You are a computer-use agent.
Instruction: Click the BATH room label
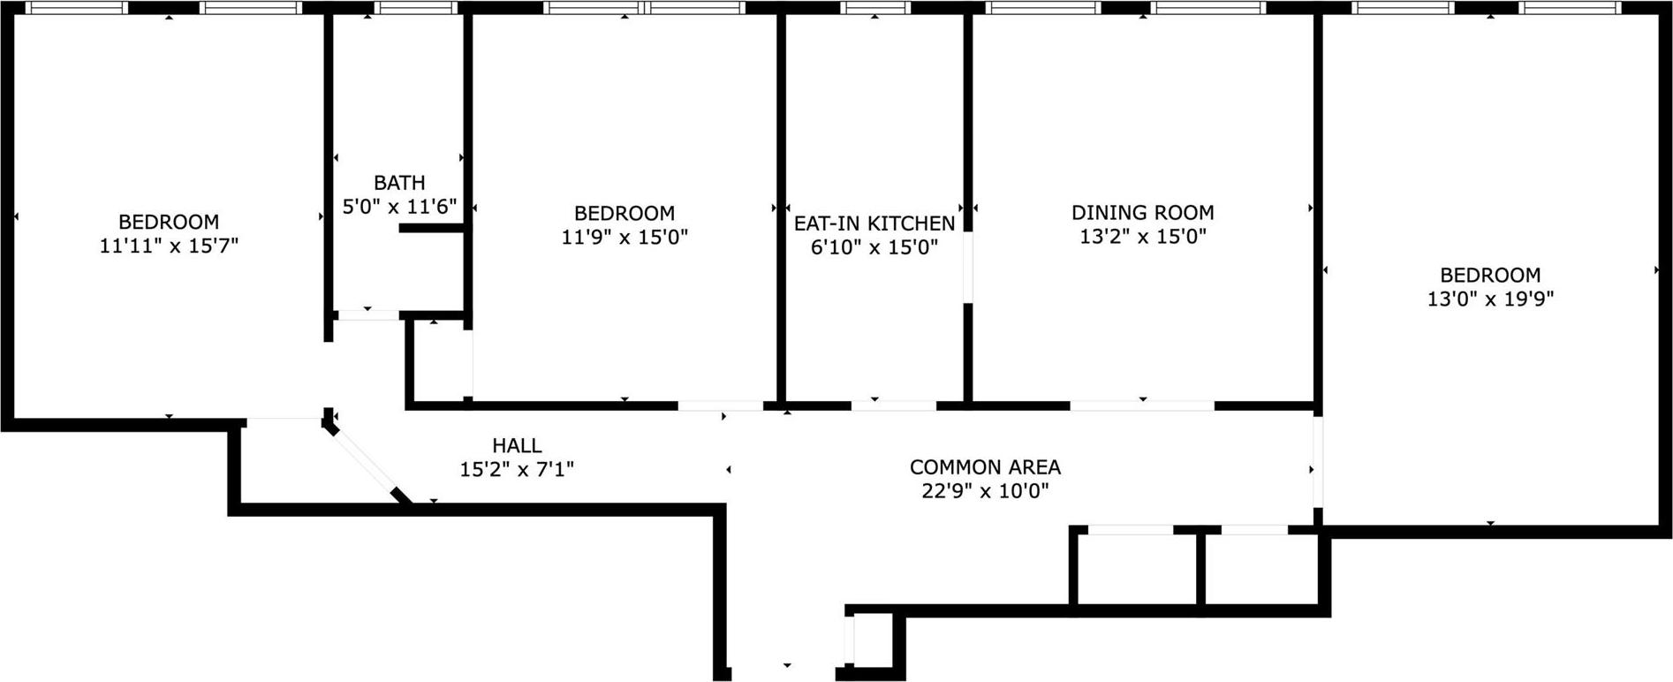click(x=399, y=183)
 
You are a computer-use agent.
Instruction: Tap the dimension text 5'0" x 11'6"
click(x=399, y=207)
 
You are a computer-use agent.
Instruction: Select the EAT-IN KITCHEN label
click(x=874, y=224)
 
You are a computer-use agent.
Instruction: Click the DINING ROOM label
click(x=1142, y=212)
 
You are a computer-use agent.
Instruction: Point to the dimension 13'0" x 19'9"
click(x=1490, y=299)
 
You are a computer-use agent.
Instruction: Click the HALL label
click(x=517, y=446)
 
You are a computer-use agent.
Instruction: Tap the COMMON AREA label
click(x=985, y=466)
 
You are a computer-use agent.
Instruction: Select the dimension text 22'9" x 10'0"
click(x=985, y=490)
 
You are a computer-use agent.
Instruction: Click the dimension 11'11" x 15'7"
click(x=169, y=246)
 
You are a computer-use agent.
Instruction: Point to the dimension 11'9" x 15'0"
click(x=625, y=237)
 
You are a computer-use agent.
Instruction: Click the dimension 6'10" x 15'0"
click(x=874, y=247)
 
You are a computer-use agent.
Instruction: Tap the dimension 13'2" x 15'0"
click(x=1142, y=236)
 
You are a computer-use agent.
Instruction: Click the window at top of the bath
click(x=415, y=8)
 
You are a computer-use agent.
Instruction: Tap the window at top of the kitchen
click(x=874, y=8)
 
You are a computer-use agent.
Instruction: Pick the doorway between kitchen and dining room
click(x=968, y=268)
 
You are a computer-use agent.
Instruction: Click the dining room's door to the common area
click(x=1142, y=405)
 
